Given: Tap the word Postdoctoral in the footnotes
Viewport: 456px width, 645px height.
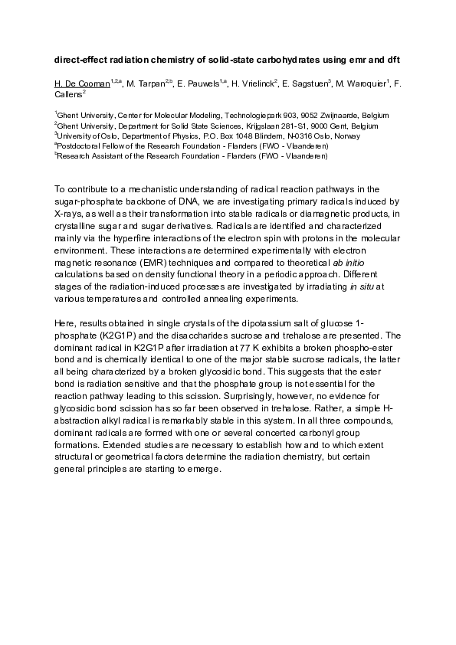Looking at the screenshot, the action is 77,146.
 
